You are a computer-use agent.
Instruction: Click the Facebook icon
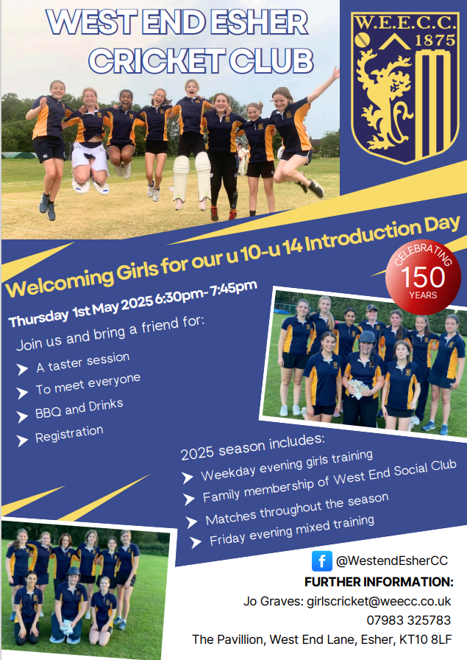pos(321,561)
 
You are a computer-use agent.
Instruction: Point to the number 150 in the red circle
pos(424,277)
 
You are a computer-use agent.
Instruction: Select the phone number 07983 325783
pos(409,620)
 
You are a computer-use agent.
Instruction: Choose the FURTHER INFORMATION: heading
pos(378,582)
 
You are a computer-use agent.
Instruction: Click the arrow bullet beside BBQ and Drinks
pos(22,415)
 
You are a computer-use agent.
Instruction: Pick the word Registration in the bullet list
pos(69,435)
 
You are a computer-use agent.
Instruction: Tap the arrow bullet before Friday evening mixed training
pos(196,543)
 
